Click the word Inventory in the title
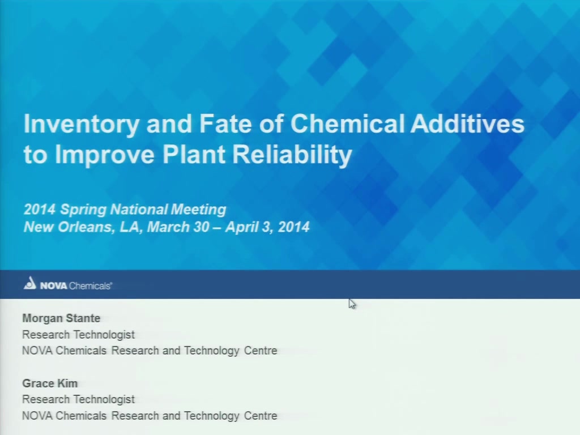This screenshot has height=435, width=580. click(x=82, y=124)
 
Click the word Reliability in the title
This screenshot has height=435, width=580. click(x=292, y=155)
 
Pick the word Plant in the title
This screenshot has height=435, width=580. click(x=194, y=154)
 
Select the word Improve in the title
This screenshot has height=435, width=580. click(x=105, y=155)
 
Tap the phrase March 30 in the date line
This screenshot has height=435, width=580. click(x=178, y=227)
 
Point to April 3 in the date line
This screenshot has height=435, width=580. click(x=249, y=227)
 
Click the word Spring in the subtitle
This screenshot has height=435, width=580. click(x=83, y=210)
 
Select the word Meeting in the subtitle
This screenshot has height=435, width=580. click(x=198, y=210)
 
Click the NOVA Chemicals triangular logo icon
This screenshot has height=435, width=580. click(x=30, y=283)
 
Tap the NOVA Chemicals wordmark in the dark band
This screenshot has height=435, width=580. click(x=76, y=286)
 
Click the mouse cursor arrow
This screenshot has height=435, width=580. click(x=352, y=304)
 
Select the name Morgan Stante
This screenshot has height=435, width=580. click(x=61, y=318)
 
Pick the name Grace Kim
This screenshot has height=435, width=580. click(x=50, y=383)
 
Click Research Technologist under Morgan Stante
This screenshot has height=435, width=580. click(x=78, y=335)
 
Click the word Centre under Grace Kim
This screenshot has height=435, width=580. click(x=261, y=416)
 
